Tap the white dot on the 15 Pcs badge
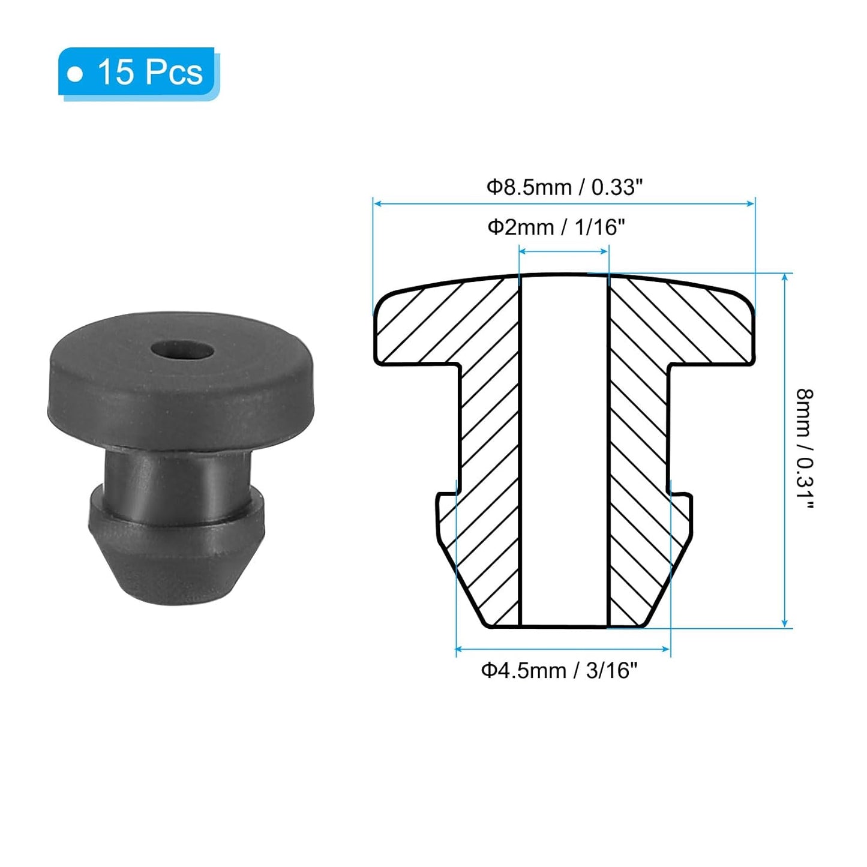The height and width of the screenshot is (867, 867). coord(75,74)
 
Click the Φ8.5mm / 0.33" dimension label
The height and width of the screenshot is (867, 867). coord(563,187)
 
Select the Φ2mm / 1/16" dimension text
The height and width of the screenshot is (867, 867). coord(556,227)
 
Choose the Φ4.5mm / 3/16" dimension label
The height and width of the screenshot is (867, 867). coord(559,670)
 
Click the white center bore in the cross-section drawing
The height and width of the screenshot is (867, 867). coord(563,450)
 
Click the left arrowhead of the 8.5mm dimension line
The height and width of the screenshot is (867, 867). coord(377,204)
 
